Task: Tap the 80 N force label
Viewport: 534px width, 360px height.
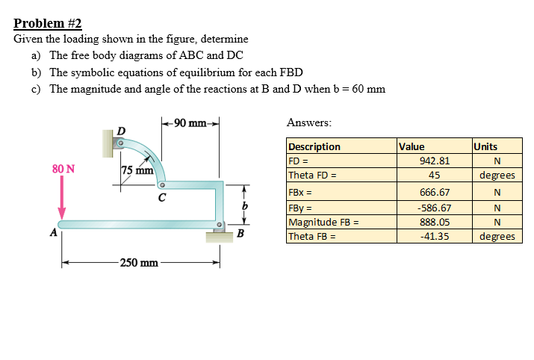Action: [63, 169]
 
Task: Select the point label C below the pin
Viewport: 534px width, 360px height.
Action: [161, 199]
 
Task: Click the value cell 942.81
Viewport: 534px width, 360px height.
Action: [434, 161]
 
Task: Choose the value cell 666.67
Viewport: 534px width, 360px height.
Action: [434, 192]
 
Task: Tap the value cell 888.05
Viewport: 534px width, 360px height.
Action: [434, 222]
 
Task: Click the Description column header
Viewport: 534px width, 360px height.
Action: [314, 146]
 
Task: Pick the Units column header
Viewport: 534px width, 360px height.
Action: [485, 146]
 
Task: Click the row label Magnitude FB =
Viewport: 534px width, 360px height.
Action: [323, 222]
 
